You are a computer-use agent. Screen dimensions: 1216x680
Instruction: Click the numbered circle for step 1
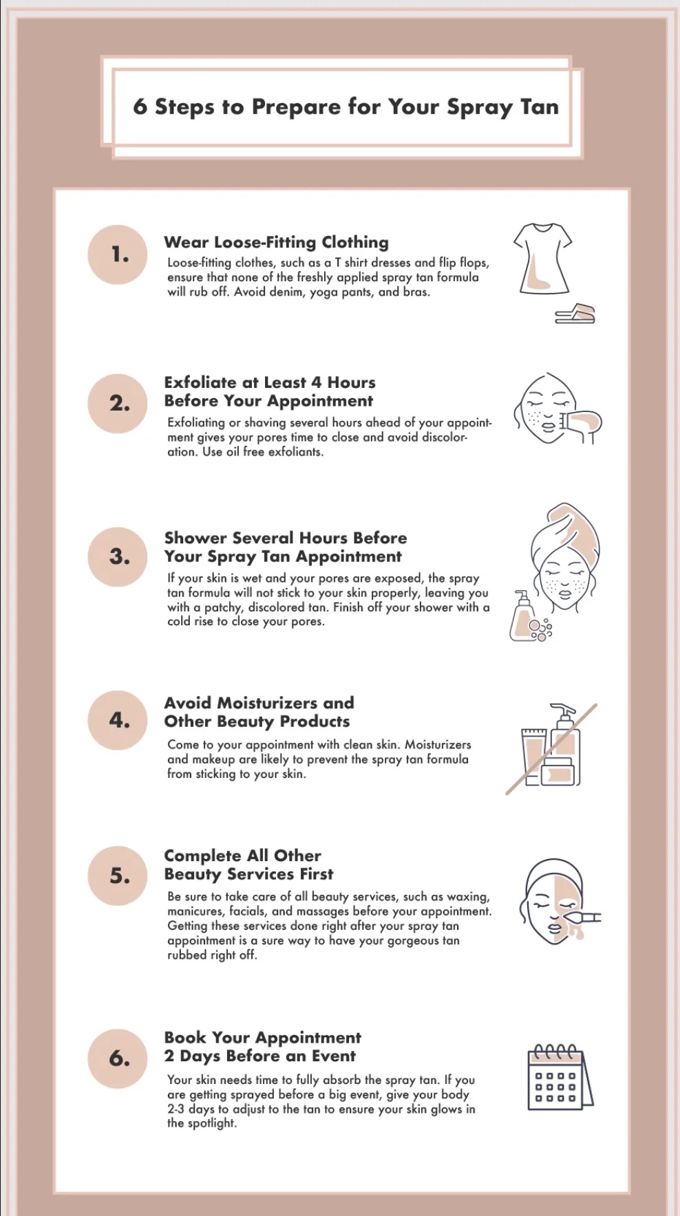[x=118, y=254]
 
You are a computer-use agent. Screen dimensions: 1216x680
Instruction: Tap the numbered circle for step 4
[x=118, y=720]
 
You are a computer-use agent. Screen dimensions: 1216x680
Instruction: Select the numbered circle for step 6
[x=118, y=1058]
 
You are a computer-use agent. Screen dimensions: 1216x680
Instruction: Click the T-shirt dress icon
[x=542, y=259]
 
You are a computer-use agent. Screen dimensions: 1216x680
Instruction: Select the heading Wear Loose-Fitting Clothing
[x=276, y=242]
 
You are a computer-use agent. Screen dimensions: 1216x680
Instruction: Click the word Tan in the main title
[x=539, y=107]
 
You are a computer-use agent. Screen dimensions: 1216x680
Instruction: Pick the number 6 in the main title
[x=140, y=107]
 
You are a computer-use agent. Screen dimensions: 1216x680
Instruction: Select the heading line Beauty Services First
[x=248, y=874]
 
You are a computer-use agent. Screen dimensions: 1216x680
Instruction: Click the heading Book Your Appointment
[x=262, y=1037]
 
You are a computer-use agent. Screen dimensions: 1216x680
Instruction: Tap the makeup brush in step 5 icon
[x=584, y=917]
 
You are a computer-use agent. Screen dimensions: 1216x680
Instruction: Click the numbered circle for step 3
[x=118, y=557]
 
